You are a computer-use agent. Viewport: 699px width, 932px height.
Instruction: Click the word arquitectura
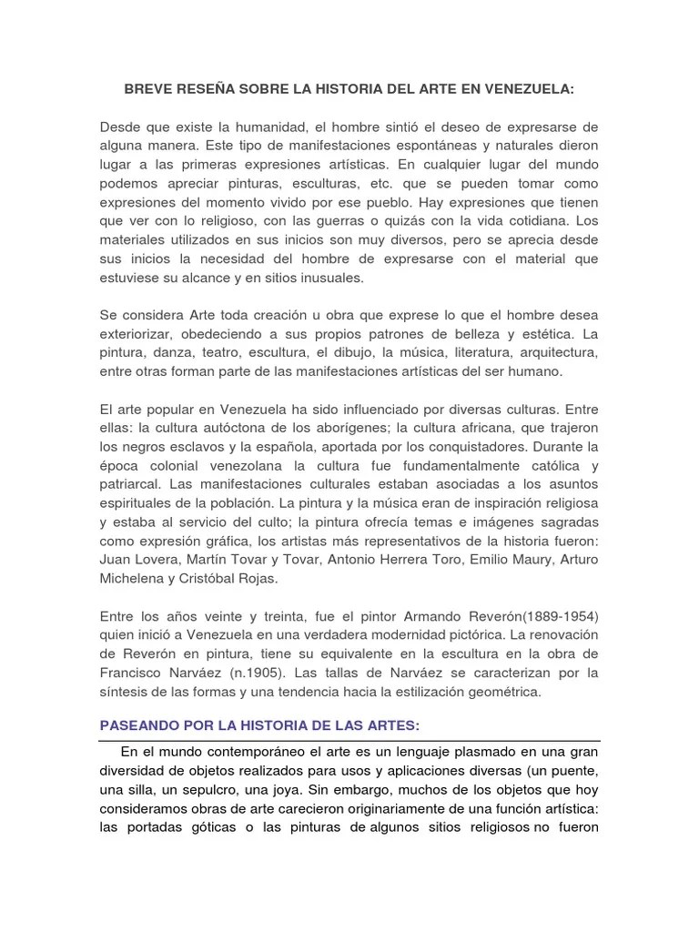(554, 353)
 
